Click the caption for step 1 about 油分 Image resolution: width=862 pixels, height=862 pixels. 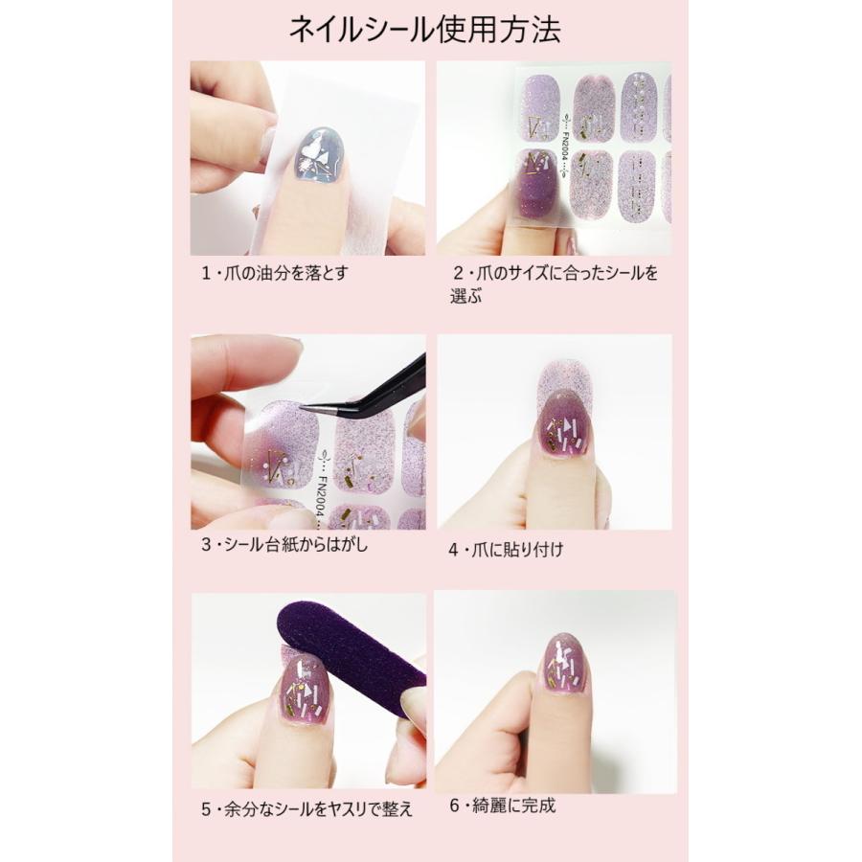(274, 272)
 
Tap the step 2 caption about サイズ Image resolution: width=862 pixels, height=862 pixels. (556, 273)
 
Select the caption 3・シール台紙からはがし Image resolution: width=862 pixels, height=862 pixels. (284, 545)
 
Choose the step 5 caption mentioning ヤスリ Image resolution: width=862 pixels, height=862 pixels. (306, 808)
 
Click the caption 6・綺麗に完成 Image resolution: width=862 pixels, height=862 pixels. (503, 805)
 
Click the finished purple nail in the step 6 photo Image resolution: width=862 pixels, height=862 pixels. (566, 663)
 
